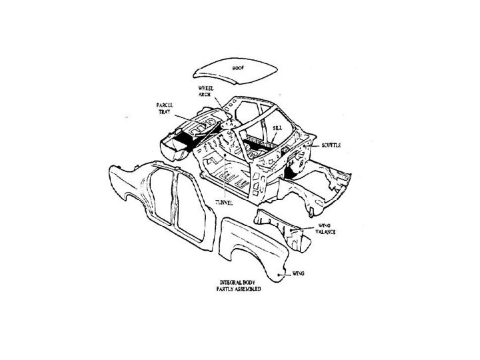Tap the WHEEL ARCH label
tap(204, 92)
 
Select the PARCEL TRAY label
tap(165, 107)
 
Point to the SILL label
tap(278, 126)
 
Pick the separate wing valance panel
tap(280, 223)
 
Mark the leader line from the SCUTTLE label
tap(313, 145)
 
